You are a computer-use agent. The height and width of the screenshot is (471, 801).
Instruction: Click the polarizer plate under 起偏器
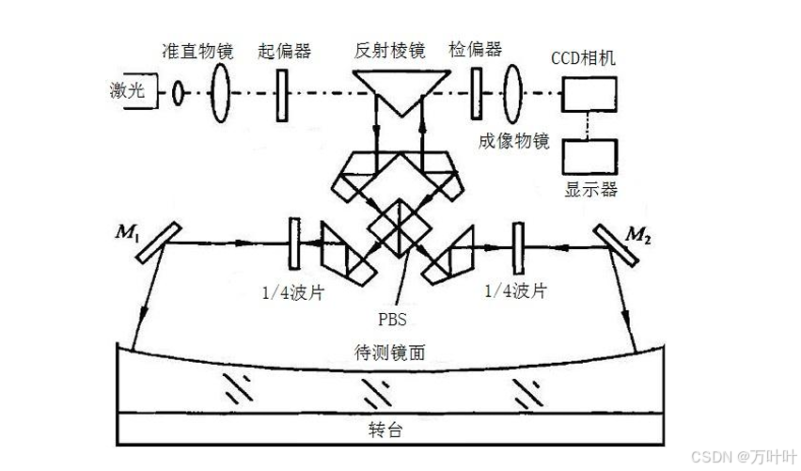(x=282, y=92)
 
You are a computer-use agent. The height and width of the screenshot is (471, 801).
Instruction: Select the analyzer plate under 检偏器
(x=477, y=92)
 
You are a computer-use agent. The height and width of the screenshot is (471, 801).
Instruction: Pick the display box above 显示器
(x=590, y=154)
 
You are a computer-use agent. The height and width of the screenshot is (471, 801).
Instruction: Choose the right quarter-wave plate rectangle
(x=516, y=244)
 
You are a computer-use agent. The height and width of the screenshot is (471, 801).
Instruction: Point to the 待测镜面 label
(x=380, y=352)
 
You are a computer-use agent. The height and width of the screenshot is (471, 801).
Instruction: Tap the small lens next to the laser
(x=176, y=93)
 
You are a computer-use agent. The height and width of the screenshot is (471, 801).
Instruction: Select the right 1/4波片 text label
(x=515, y=291)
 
